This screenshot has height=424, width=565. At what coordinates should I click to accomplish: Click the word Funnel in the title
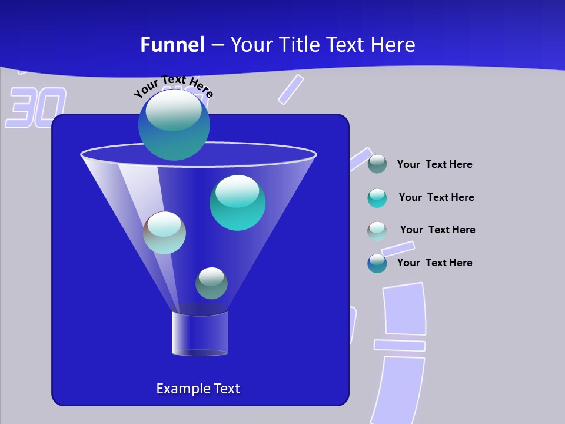(x=172, y=45)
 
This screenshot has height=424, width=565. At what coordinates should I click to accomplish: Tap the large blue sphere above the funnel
(x=174, y=125)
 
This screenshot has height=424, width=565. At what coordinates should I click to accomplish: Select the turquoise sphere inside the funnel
(x=237, y=203)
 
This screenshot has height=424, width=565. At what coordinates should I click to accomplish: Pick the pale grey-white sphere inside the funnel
(x=164, y=233)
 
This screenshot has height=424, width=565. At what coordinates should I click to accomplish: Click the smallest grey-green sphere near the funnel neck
(x=211, y=283)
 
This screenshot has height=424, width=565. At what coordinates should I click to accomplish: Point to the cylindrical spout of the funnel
(x=200, y=333)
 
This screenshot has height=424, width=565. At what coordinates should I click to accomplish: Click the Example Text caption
(x=198, y=389)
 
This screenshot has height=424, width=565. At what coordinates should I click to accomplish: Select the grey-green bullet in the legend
(x=377, y=164)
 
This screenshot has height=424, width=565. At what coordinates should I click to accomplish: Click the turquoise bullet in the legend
(x=377, y=198)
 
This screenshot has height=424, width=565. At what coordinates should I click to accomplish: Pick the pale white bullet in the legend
(x=377, y=230)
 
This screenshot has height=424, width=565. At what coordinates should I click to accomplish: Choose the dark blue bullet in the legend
(x=377, y=263)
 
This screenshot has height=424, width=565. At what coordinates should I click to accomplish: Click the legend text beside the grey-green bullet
(x=434, y=165)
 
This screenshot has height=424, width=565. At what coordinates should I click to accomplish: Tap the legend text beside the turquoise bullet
(x=436, y=198)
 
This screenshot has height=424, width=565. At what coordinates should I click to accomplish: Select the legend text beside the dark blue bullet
(x=434, y=263)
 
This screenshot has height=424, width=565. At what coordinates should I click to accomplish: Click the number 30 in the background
(x=36, y=108)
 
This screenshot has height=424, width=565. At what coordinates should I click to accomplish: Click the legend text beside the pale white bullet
(x=437, y=230)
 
